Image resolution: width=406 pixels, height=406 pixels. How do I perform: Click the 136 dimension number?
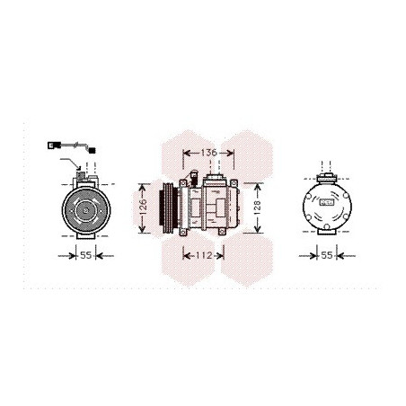pyautogui.click(x=208, y=153)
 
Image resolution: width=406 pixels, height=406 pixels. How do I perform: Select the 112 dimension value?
pyautogui.click(x=204, y=255)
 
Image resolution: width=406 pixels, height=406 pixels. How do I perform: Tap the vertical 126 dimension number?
pyautogui.click(x=143, y=207)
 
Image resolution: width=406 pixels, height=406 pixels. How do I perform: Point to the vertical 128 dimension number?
pyautogui.click(x=257, y=207)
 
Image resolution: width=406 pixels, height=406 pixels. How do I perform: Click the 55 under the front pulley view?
pyautogui.click(x=85, y=255)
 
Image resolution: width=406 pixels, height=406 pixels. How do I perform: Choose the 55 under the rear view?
pyautogui.click(x=327, y=255)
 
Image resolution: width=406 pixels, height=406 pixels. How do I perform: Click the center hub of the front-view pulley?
pyautogui.click(x=86, y=211)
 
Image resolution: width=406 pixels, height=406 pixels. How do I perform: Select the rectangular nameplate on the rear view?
pyautogui.click(x=327, y=202)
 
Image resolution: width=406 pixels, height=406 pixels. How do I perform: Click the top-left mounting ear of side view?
pyautogui.click(x=182, y=182)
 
